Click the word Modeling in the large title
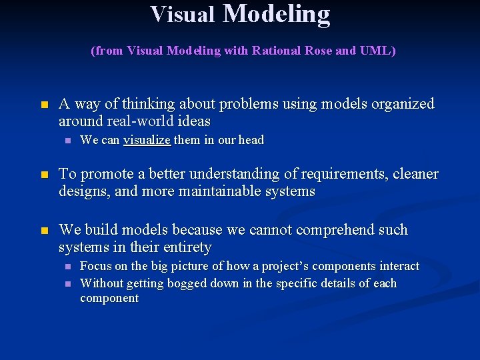click(x=276, y=14)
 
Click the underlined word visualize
click(x=147, y=140)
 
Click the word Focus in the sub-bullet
click(x=95, y=266)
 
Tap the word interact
click(x=399, y=266)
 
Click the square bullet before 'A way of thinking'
click(x=44, y=105)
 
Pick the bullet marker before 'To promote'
click(x=44, y=175)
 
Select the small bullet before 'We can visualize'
click(x=67, y=141)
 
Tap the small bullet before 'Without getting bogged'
click(x=67, y=284)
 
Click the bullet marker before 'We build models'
click(x=44, y=231)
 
